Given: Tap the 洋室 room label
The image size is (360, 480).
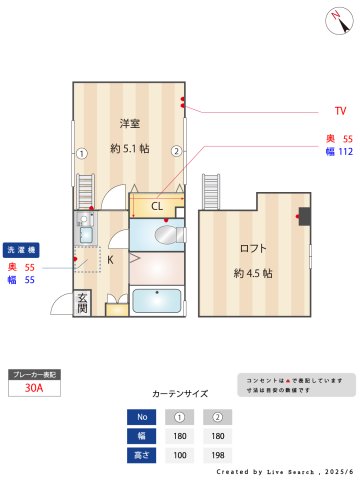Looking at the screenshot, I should (x=129, y=123).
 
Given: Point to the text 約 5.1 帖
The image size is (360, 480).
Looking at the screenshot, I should (x=130, y=148).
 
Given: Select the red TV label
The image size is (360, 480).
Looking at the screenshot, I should (x=340, y=111).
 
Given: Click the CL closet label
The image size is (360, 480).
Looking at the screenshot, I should (x=157, y=207).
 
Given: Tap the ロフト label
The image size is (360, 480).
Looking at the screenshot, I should (x=252, y=248).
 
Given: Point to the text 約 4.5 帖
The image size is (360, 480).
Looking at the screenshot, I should (x=253, y=272).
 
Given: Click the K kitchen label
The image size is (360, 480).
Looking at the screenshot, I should (x=110, y=260).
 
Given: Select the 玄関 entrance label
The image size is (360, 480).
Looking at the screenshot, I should (x=83, y=302).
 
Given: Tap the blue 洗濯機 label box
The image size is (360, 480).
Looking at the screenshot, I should (x=21, y=249).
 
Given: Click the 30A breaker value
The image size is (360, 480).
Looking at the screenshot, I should (x=34, y=389).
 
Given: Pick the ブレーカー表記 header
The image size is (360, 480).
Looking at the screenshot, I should (x=34, y=374).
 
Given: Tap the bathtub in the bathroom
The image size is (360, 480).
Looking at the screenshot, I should (x=157, y=300).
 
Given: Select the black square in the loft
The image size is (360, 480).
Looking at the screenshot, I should (x=305, y=216).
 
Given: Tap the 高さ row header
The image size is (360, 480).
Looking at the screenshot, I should (x=142, y=454).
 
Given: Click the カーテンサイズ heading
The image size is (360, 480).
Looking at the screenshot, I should (x=180, y=393).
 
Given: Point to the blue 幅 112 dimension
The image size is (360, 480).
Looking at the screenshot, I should (x=339, y=152).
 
